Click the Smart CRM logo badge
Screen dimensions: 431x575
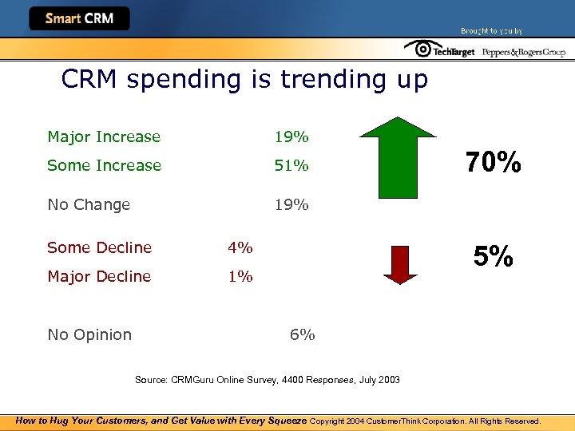[x=79, y=18]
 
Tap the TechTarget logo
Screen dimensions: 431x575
[x=440, y=50]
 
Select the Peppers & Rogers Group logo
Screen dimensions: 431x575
[x=523, y=52]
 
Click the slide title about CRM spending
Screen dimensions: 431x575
[x=244, y=80]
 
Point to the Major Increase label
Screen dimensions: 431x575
[x=104, y=137]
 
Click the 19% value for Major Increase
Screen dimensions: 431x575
[x=291, y=137]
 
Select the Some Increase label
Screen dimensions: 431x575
[x=104, y=166]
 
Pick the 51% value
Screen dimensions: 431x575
[x=291, y=166]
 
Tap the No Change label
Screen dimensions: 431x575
[x=89, y=205]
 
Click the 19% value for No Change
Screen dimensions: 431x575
[x=291, y=205]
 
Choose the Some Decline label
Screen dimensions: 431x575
[x=99, y=248]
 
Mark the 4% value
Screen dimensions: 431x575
[x=240, y=248]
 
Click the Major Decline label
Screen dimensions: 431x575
[x=99, y=277]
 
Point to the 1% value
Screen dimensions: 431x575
[x=240, y=277]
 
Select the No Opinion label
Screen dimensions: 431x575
[x=89, y=335]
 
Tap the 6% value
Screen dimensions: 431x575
[x=302, y=335]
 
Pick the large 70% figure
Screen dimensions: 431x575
[x=494, y=163]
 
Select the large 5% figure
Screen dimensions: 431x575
[x=493, y=256]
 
